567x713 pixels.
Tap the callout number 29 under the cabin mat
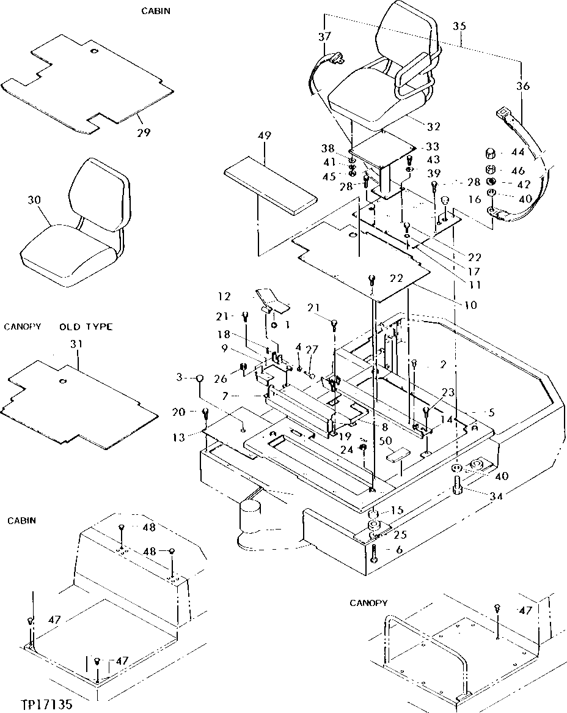(x=144, y=132)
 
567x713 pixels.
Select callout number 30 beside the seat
(x=34, y=199)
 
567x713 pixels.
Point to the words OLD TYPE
(x=86, y=327)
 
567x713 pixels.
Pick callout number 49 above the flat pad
(x=265, y=135)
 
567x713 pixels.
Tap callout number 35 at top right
(x=459, y=26)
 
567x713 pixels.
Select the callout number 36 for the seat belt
(x=523, y=86)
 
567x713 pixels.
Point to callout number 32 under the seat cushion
(x=433, y=127)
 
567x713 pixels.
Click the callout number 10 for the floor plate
(x=470, y=305)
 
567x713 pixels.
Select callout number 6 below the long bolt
(x=399, y=550)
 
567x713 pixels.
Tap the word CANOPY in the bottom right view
(x=368, y=603)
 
